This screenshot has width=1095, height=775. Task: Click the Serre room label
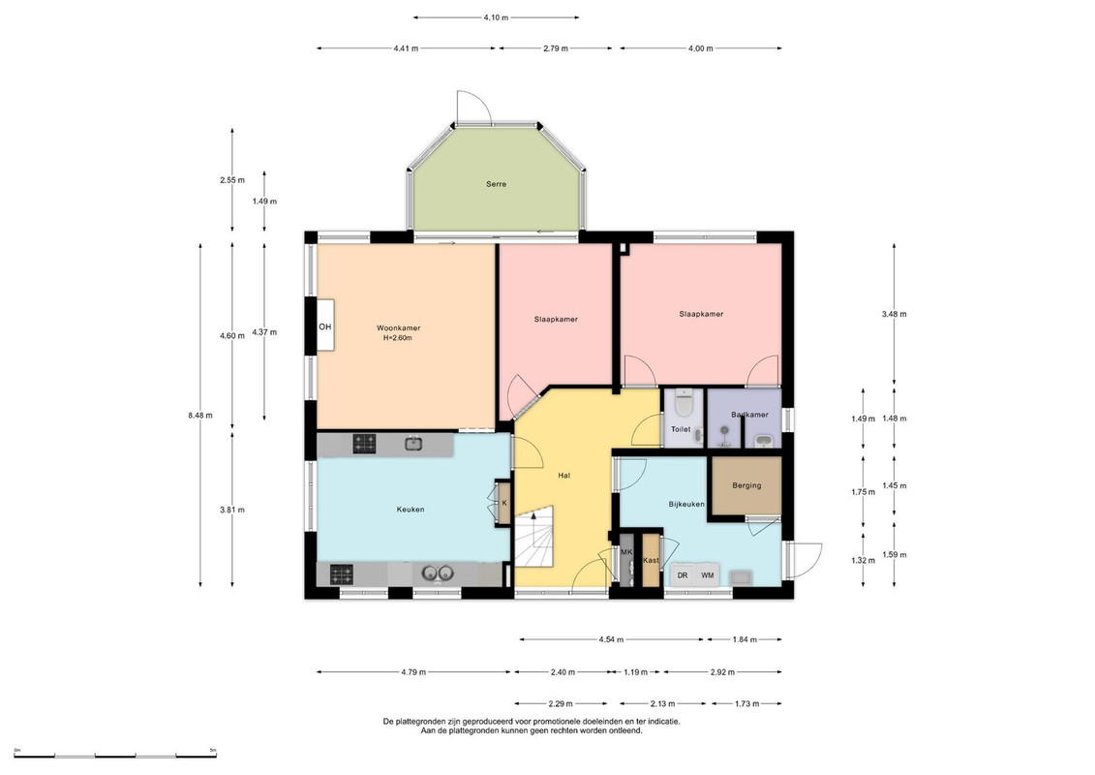coord(496,184)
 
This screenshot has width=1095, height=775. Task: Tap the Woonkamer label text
coord(398,327)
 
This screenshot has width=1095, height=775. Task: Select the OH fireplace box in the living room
coord(324,326)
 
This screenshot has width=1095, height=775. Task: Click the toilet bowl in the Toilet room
coord(683,403)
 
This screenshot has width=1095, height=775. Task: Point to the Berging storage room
coord(746,485)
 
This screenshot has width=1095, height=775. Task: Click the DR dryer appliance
coord(683,575)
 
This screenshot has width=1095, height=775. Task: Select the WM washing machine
coord(708,575)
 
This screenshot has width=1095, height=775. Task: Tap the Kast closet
coord(651,560)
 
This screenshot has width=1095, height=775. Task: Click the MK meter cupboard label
coord(626,552)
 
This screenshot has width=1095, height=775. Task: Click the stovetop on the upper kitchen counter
coord(364,443)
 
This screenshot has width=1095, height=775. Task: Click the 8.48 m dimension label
coord(199,415)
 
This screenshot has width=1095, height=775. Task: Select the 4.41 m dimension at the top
coord(406,48)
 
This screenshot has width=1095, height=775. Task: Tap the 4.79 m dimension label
coord(413,672)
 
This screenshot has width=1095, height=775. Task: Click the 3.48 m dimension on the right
coord(894,314)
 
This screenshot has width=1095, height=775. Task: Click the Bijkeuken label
coord(685,504)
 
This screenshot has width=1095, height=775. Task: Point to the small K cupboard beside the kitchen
coord(503,503)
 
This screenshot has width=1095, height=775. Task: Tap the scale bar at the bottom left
coord(115,756)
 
